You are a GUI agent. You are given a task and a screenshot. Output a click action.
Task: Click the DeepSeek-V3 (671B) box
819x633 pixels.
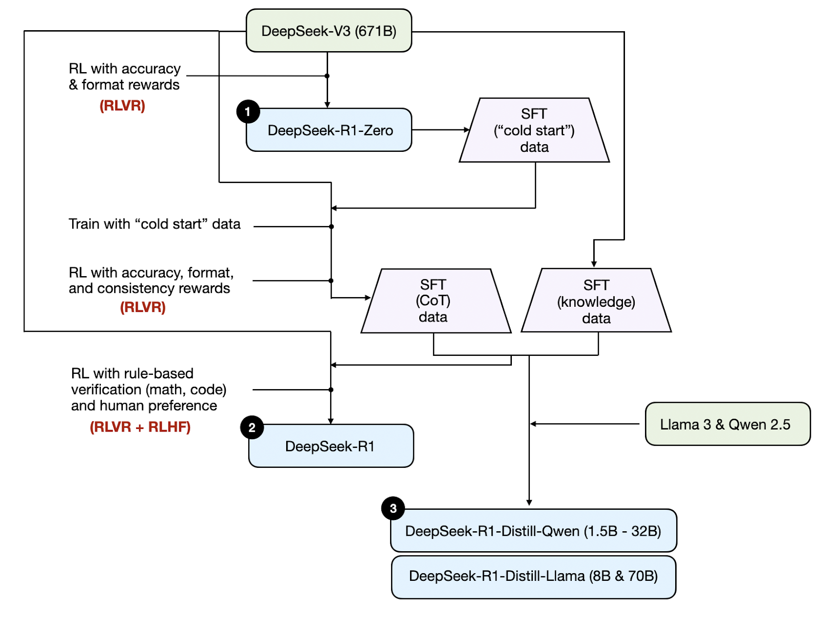pyautogui.click(x=329, y=31)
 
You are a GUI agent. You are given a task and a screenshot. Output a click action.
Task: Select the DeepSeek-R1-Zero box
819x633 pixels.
pyautogui.click(x=330, y=130)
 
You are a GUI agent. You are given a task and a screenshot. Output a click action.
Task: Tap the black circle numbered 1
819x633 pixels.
pyautogui.click(x=248, y=111)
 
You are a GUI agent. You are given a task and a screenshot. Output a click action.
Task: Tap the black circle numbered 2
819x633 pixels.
pyautogui.click(x=252, y=427)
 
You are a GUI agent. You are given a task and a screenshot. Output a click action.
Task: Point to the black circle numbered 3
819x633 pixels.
pyautogui.click(x=393, y=508)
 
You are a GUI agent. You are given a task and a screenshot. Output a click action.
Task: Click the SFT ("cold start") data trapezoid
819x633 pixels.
pyautogui.click(x=534, y=130)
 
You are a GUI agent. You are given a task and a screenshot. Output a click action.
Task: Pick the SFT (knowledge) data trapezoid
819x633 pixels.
pyautogui.click(x=596, y=301)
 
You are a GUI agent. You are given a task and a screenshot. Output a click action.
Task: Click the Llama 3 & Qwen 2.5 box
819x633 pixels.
pyautogui.click(x=727, y=424)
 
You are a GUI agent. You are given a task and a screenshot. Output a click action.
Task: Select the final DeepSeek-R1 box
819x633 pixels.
pyautogui.click(x=331, y=446)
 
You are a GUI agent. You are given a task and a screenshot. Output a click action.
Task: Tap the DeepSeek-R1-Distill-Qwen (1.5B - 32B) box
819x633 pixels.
pyautogui.click(x=533, y=531)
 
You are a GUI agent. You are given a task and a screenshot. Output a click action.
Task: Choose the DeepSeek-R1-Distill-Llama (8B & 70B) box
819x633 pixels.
pyautogui.click(x=533, y=576)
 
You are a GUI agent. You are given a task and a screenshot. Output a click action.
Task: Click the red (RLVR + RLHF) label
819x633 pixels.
pyautogui.click(x=140, y=427)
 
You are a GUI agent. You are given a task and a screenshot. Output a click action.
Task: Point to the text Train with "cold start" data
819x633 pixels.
pyautogui.click(x=155, y=224)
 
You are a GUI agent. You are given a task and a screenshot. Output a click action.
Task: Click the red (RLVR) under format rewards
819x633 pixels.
pyautogui.click(x=122, y=105)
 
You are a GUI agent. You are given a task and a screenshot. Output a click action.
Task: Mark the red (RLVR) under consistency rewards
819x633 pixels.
pyautogui.click(x=143, y=307)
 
